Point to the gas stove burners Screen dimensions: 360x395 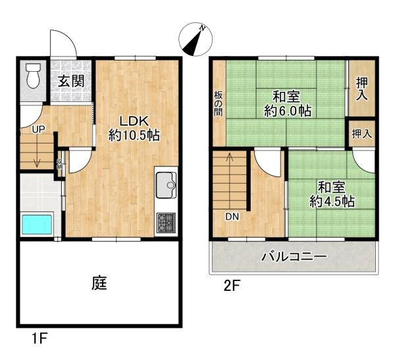pyautogui.click(x=167, y=222)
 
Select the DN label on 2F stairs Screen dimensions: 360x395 pyautogui.click(x=232, y=216)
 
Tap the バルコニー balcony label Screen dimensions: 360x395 pyautogui.click(x=293, y=257)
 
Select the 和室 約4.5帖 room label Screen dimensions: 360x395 pyautogui.click(x=332, y=194)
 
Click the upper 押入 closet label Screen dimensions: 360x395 pyautogui.click(x=361, y=89)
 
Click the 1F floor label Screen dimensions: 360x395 pyautogui.click(x=39, y=340)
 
